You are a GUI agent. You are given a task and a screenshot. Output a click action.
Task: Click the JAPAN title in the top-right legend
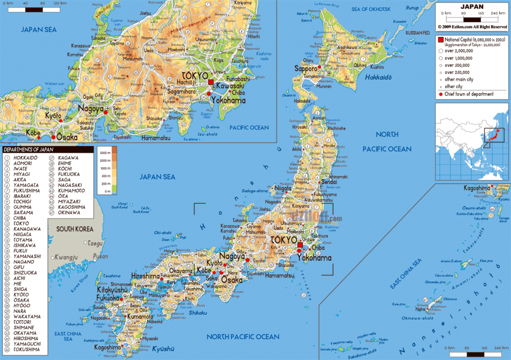(x=472, y=6)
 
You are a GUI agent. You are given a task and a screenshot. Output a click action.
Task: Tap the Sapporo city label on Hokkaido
(x=305, y=68)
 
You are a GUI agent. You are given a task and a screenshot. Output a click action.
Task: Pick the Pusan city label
(x=100, y=256)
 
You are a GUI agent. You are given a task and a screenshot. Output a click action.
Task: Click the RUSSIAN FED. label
(x=418, y=33)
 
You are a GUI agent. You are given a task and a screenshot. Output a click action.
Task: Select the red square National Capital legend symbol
(x=441, y=39)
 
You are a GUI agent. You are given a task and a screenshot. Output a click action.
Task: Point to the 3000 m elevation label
(x=104, y=153)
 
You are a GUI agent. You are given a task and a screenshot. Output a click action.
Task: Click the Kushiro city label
(x=377, y=67)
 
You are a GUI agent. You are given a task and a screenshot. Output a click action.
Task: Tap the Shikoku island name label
(x=197, y=313)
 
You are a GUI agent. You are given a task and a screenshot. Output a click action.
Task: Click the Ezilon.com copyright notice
(x=472, y=26)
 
